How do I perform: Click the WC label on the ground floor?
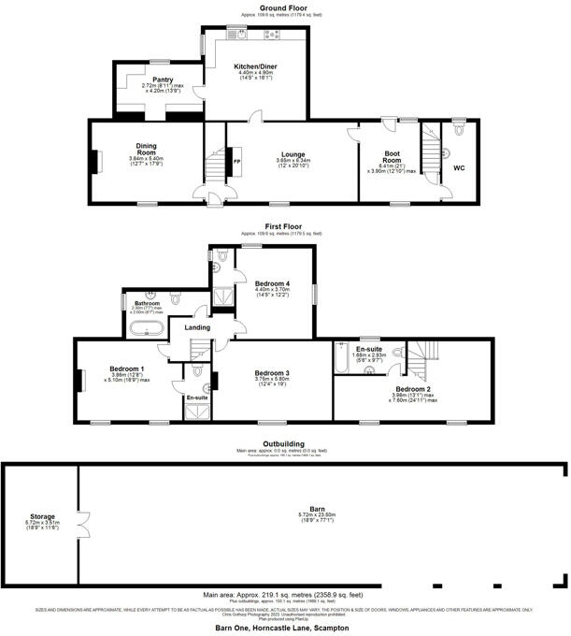(x=459, y=168)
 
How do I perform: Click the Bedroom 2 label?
(x=412, y=388)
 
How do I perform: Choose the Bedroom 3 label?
(x=272, y=372)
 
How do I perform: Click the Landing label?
(x=197, y=327)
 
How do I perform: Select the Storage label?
(x=42, y=516)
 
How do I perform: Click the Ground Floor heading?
(x=286, y=7)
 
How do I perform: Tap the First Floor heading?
(x=286, y=226)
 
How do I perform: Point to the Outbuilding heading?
(x=286, y=443)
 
